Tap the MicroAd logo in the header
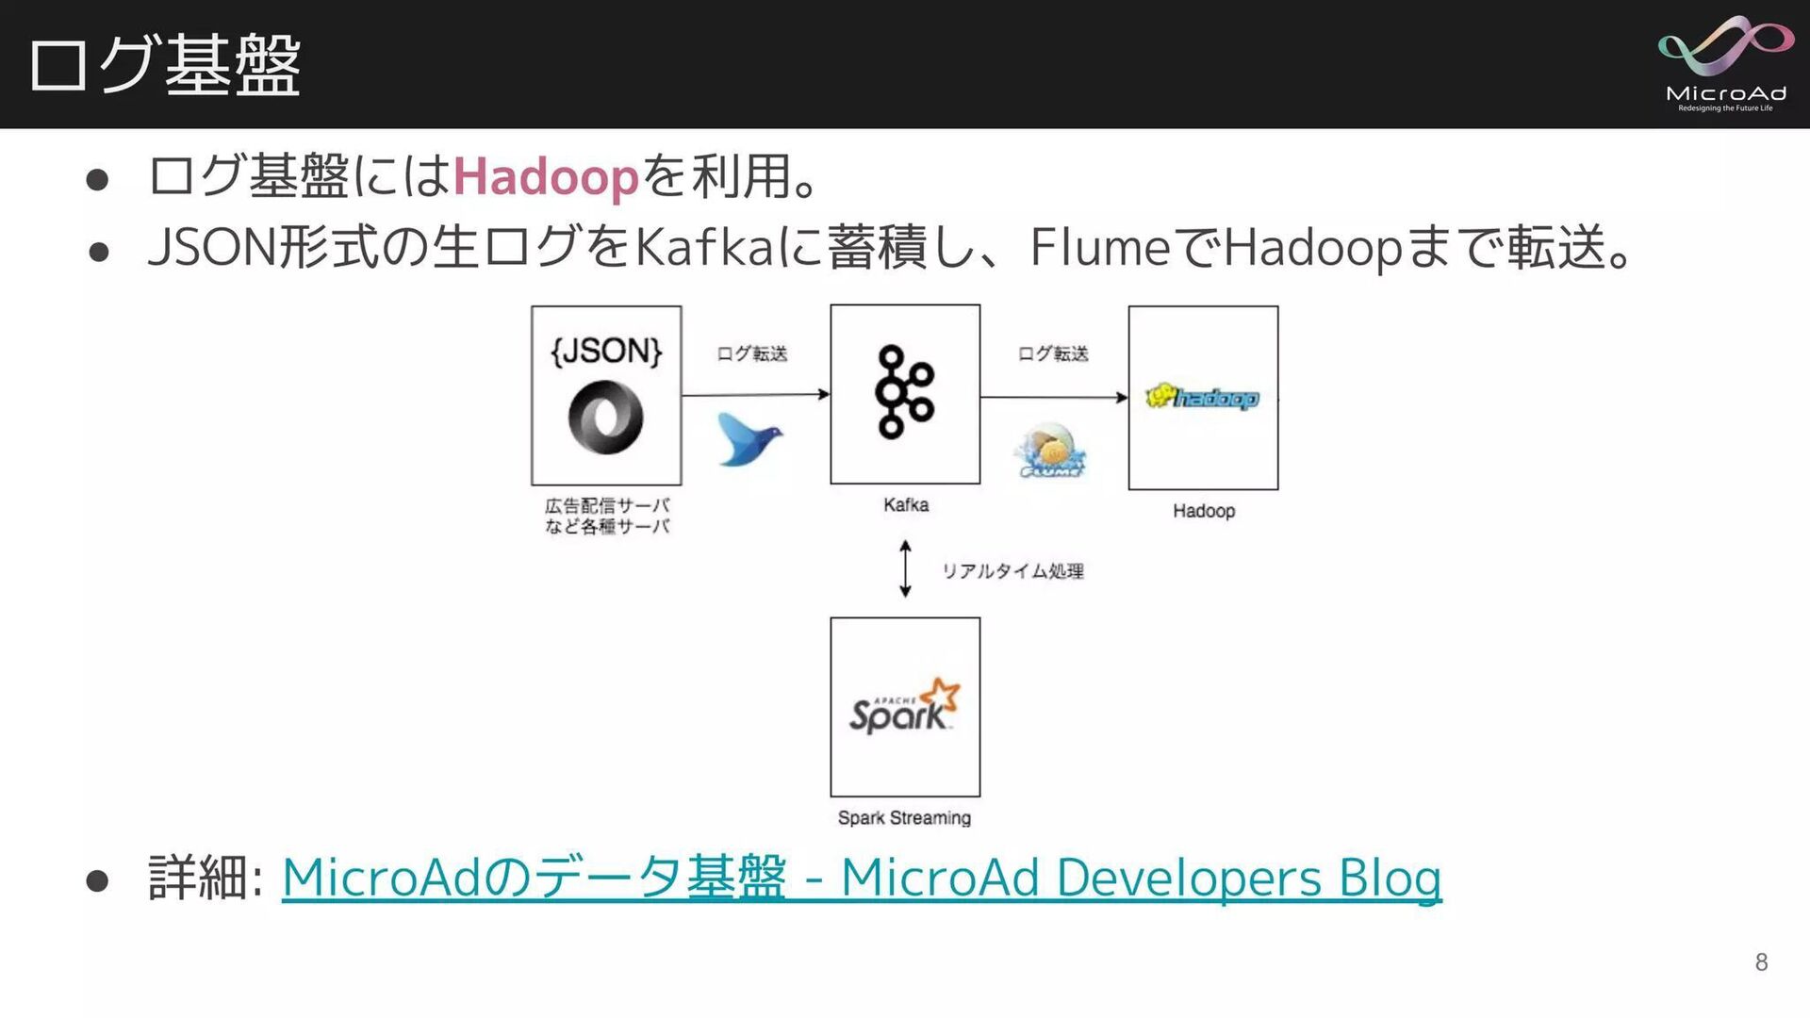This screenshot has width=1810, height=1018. (x=1725, y=63)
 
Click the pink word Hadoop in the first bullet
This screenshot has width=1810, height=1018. (x=546, y=176)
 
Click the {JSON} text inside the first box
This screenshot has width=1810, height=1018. (x=606, y=352)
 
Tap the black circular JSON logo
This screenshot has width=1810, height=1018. (x=605, y=417)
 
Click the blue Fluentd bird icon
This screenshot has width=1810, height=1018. (x=749, y=438)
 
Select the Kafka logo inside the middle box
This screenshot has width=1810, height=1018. (x=904, y=392)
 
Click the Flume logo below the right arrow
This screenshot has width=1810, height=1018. (x=1051, y=451)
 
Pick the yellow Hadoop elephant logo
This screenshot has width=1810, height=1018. (x=1202, y=398)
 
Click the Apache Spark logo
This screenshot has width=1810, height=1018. (x=904, y=707)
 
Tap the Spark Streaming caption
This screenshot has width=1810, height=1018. (x=904, y=818)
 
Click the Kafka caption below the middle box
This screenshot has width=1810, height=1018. (x=906, y=505)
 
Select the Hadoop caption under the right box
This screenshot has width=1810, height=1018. (x=1204, y=511)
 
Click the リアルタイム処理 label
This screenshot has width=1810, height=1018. (x=1012, y=571)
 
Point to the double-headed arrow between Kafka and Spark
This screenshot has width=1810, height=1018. (x=905, y=569)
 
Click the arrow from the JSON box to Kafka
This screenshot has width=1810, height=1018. (x=755, y=394)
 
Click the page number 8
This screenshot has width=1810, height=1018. (x=1761, y=962)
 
